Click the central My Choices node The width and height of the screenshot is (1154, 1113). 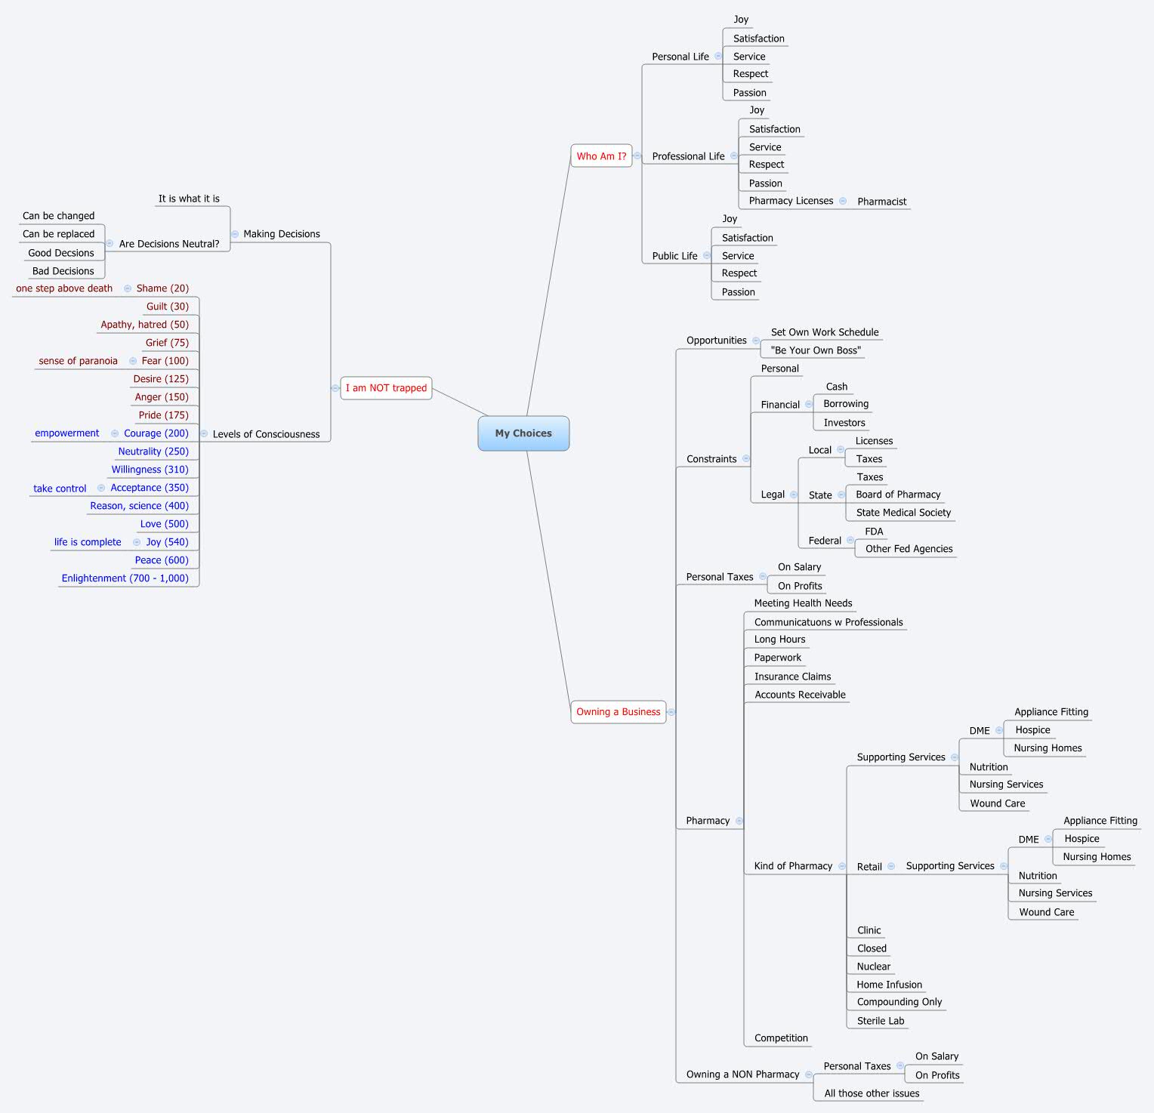pos(523,433)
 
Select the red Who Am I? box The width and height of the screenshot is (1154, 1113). pos(601,156)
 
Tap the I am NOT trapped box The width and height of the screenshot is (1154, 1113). pos(386,388)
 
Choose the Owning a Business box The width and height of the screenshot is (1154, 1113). pos(618,711)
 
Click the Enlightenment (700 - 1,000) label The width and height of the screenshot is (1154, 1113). pos(125,578)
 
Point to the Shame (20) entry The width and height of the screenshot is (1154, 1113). pos(162,288)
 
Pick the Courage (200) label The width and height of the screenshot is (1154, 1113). pos(156,433)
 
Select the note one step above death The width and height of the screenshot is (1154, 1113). pos(64,288)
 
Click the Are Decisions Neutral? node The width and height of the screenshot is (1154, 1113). pos(169,244)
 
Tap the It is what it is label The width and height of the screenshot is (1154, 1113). pos(189,199)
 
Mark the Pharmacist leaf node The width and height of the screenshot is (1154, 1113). pos(881,202)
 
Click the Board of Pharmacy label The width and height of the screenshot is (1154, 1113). pos(898,495)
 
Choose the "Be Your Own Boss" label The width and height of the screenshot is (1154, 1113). pos(816,350)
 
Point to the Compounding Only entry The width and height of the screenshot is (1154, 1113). pos(899,1002)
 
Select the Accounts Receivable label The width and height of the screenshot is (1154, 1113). pos(800,695)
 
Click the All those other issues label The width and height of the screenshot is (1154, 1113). pos(872,1093)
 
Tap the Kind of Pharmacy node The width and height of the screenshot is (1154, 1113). pos(793,866)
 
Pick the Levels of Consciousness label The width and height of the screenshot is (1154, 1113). pos(266,434)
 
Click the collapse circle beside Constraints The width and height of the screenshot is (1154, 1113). pos(746,458)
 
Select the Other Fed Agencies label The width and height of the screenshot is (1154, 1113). pos(909,549)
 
